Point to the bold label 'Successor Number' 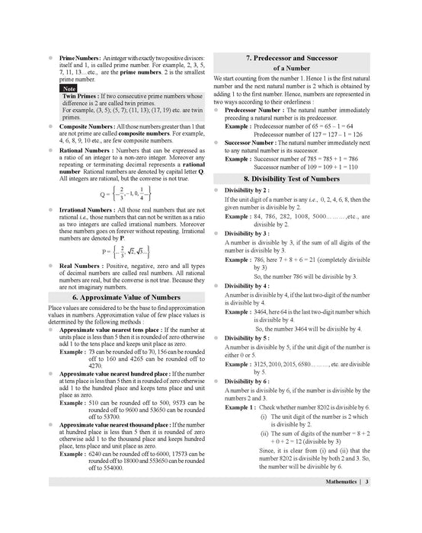click(x=255, y=142)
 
